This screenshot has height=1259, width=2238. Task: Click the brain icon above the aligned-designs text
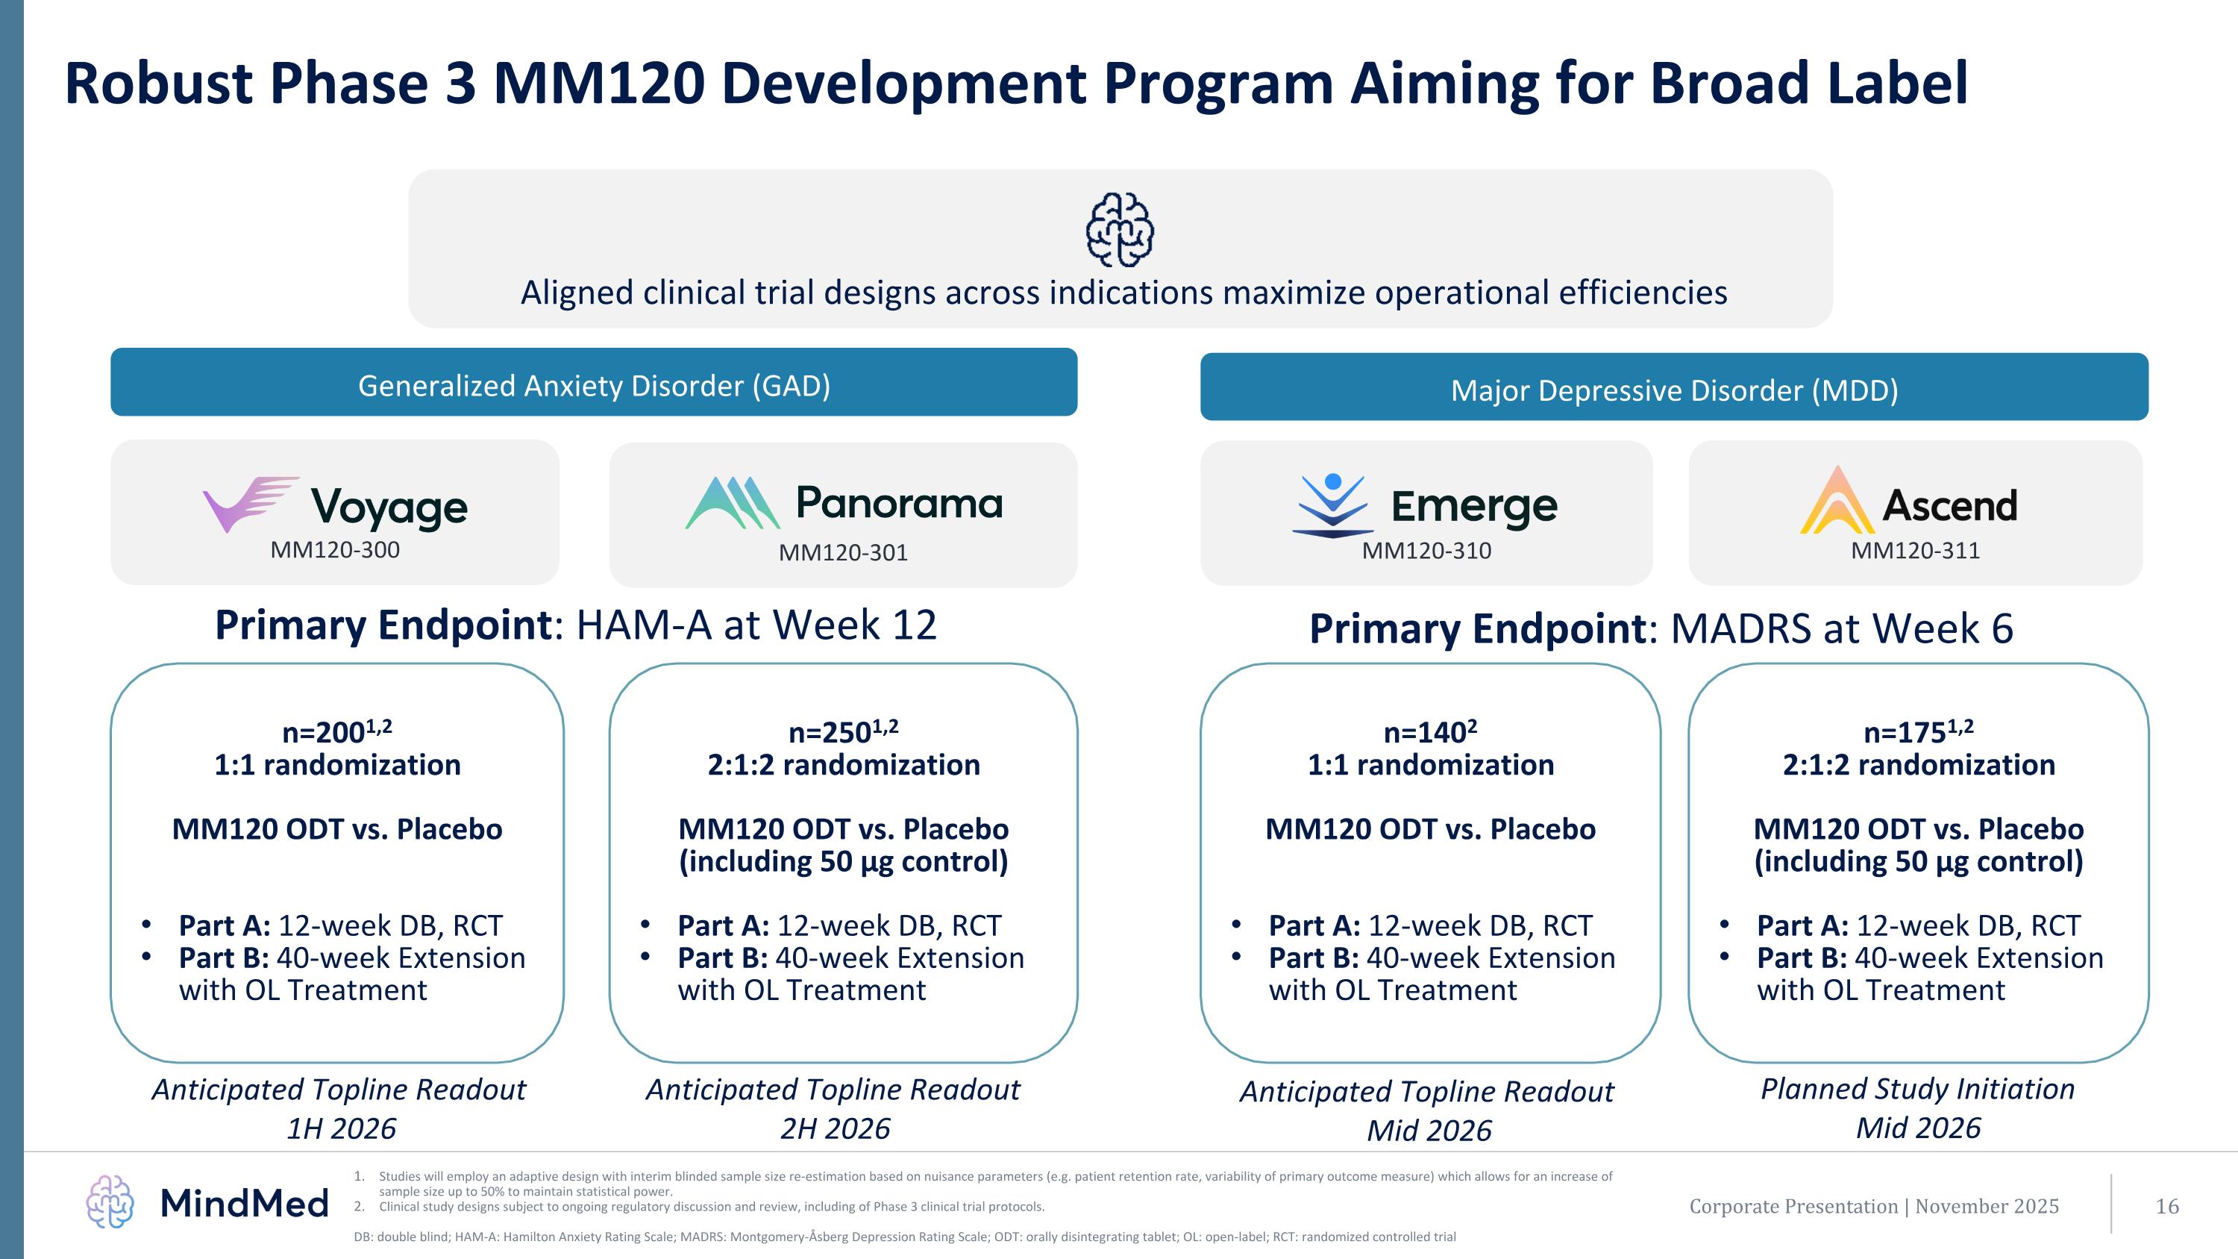click(1120, 231)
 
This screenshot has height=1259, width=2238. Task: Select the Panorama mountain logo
click(733, 503)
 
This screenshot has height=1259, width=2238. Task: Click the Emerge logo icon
click(1332, 506)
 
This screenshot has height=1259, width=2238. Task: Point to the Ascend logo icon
click(1837, 502)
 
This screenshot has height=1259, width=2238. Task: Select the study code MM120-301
click(843, 552)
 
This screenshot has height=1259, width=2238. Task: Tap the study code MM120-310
click(1426, 551)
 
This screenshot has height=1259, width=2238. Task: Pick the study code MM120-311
click(1915, 551)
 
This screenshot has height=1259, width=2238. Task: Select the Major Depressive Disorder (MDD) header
click(1673, 390)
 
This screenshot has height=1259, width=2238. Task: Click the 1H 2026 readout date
click(341, 1128)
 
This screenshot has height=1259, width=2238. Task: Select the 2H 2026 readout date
click(835, 1128)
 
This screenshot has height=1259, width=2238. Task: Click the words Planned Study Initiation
click(1917, 1089)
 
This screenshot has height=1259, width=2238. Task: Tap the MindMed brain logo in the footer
click(110, 1202)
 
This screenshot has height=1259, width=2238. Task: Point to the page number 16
click(2167, 1206)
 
